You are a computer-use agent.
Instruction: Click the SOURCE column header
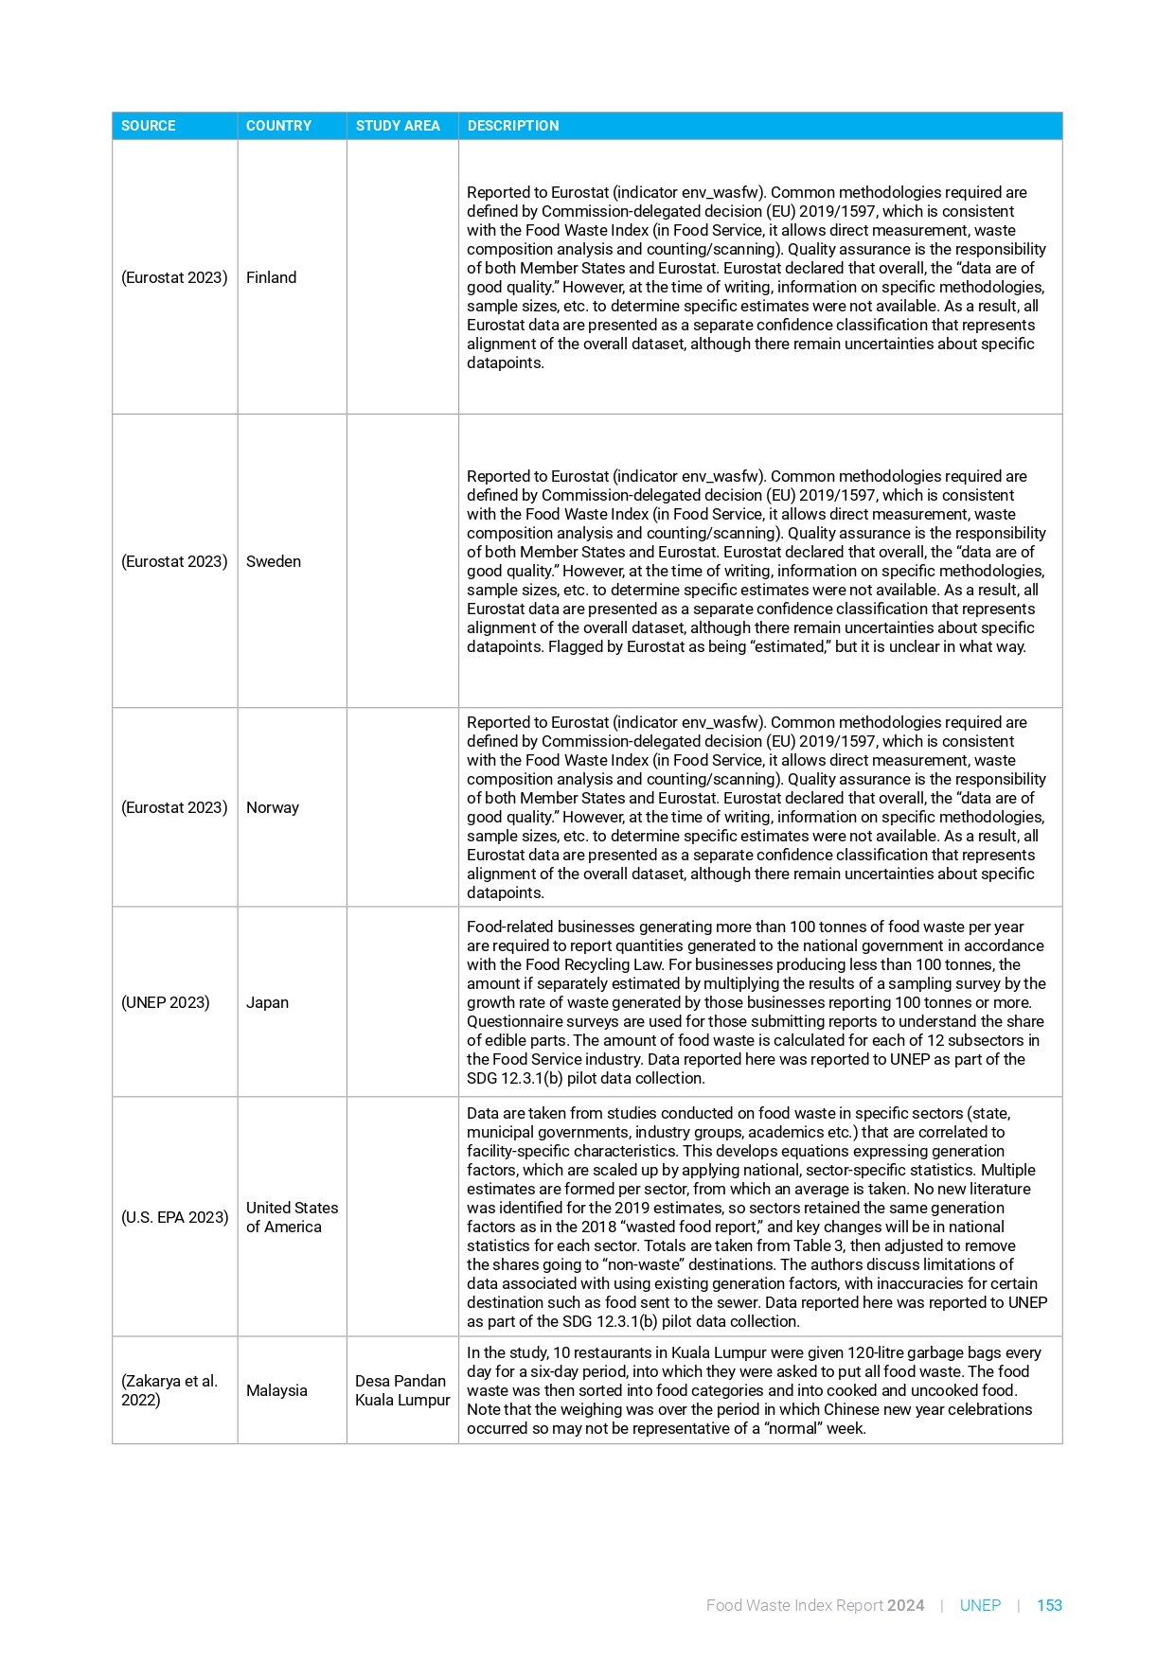tap(149, 126)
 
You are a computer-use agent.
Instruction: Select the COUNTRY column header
tap(278, 126)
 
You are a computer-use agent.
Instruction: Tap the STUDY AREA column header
tap(398, 126)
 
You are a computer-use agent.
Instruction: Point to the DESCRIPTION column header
tap(513, 126)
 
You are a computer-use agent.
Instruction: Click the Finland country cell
tap(272, 277)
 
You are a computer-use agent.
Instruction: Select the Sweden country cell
tap(274, 561)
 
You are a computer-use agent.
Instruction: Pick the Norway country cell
tap(273, 807)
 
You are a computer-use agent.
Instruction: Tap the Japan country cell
tap(268, 1002)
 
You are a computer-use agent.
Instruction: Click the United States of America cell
tap(292, 1217)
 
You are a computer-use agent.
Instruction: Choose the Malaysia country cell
tap(276, 1390)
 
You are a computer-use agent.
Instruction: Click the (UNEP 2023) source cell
tap(166, 1002)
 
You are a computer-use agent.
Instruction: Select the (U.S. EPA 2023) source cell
tap(175, 1217)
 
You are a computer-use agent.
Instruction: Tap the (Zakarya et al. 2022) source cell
tap(169, 1390)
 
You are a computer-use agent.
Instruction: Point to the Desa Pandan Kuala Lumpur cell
tap(402, 1390)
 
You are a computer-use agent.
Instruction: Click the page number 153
tap(1049, 1605)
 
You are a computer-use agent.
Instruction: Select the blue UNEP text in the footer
tap(980, 1605)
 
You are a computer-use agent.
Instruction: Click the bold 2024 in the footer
tap(906, 1605)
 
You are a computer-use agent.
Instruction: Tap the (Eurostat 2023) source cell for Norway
tap(174, 807)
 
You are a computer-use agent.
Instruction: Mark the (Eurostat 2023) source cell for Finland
tap(174, 277)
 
